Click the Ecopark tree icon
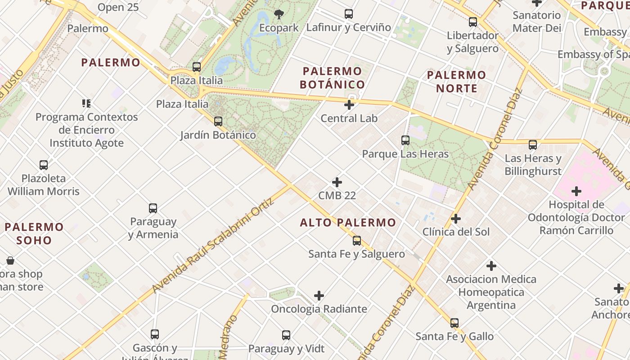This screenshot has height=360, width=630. coord(279,14)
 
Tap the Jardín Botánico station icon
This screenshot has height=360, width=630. coord(218,121)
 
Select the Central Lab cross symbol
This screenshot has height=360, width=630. coord(349,105)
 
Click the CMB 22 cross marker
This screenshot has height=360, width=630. coord(337,182)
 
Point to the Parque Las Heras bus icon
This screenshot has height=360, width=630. coord(405,140)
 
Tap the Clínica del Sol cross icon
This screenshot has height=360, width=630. coord(456,219)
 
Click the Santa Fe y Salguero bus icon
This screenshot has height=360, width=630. coord(356,241)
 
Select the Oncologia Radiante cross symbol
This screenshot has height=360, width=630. coord(319,296)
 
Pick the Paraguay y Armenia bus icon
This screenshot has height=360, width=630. coord(153,208)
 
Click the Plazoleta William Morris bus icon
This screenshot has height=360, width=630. coord(44,165)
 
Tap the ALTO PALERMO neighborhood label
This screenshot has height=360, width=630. coord(348,222)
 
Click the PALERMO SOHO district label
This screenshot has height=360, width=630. coord(34,233)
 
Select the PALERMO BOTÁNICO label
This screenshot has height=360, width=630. coord(332,78)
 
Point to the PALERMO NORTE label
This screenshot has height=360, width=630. coord(456,81)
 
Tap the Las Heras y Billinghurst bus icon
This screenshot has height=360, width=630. coord(533,145)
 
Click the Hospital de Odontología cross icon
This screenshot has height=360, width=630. coord(576,191)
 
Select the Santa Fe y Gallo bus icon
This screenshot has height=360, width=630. coord(454,323)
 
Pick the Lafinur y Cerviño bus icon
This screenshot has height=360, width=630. coord(348,14)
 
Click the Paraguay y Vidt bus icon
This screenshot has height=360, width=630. coord(286,335)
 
